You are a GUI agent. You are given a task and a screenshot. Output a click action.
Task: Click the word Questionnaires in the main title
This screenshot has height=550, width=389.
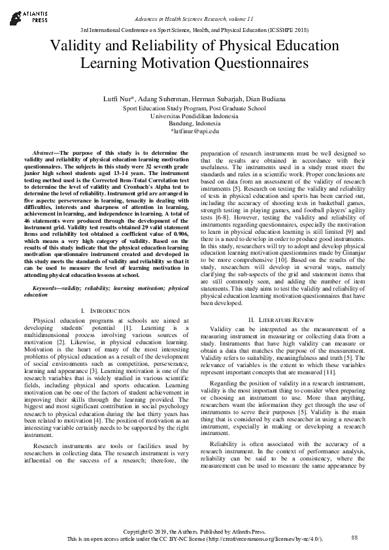(x=256, y=63)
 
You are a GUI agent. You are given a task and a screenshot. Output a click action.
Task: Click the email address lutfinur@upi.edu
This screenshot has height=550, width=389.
(x=194, y=131)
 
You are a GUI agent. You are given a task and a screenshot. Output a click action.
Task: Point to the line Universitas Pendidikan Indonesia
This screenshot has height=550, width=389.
(x=194, y=116)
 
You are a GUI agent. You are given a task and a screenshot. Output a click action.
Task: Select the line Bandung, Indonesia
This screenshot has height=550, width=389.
(x=194, y=123)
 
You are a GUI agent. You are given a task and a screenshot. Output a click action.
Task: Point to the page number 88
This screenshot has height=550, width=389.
(x=355, y=537)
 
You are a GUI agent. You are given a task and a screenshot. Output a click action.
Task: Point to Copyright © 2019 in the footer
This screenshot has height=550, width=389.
(x=155, y=531)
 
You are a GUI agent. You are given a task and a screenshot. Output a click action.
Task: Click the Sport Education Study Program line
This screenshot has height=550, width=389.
(x=194, y=108)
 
